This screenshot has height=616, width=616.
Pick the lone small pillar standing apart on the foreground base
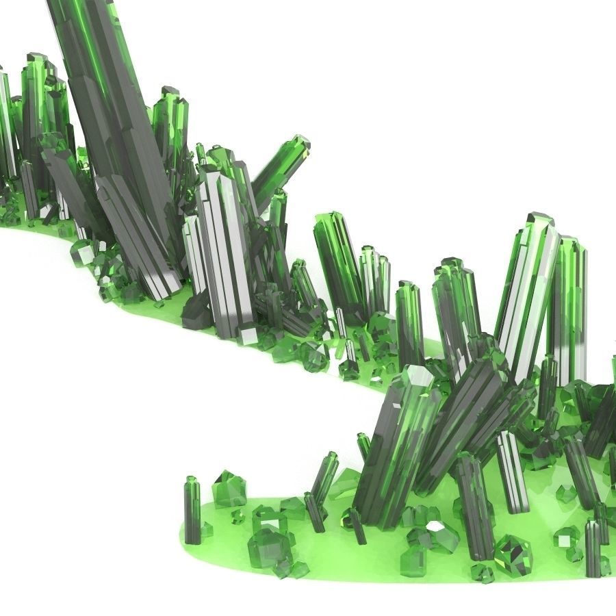click(192, 510)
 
